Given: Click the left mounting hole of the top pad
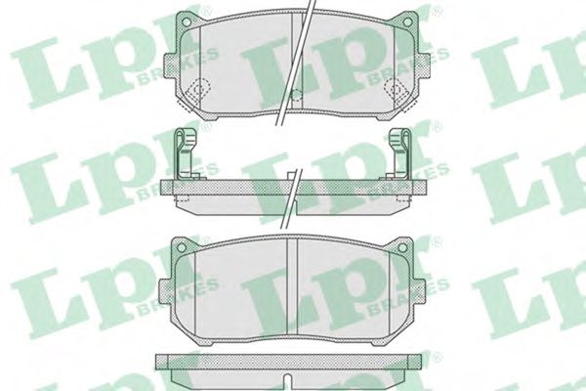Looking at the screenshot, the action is [x=187, y=22].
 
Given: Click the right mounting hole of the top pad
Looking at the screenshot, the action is [x=407, y=22].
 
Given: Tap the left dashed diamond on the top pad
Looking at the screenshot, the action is [x=198, y=89].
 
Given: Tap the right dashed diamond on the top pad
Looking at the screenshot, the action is [x=397, y=89].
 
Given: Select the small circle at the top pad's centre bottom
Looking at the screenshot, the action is [x=296, y=96].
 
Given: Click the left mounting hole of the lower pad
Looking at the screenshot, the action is [x=181, y=247].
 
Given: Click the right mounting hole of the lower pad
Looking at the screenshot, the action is [x=402, y=247].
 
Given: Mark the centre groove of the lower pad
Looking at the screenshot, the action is [x=292, y=286].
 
